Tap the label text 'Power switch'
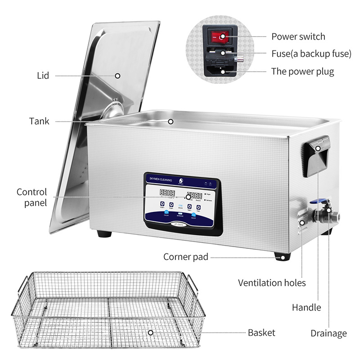(297, 36)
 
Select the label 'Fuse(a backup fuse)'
(311, 54)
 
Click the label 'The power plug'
(302, 71)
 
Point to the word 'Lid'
(43, 75)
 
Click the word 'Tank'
(39, 121)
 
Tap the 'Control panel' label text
(32, 198)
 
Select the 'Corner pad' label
(185, 257)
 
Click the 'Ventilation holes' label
(272, 283)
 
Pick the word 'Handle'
(306, 307)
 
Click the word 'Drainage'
(328, 333)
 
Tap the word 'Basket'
(261, 333)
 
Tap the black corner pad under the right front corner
(282, 256)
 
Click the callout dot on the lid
(117, 76)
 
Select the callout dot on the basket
(150, 333)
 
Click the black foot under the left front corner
(104, 234)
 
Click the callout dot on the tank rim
(171, 121)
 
